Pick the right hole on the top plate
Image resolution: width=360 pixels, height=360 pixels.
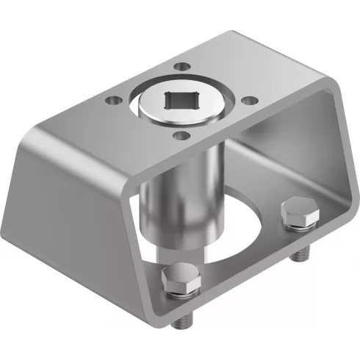[250, 99]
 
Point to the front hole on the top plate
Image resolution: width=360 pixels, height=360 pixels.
[179, 134]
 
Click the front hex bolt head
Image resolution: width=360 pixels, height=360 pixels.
[179, 278]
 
